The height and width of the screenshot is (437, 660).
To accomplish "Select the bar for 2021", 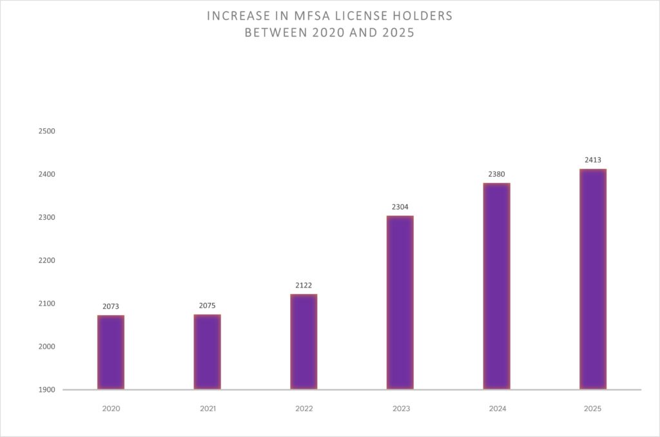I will pyautogui.click(x=207, y=352).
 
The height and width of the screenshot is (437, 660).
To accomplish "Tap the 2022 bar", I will pyautogui.click(x=304, y=342).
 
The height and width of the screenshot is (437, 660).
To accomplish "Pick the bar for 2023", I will pyautogui.click(x=400, y=303).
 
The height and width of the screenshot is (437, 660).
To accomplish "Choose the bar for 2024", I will pyautogui.click(x=496, y=286).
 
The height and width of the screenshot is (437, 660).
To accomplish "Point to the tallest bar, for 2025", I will pyautogui.click(x=592, y=279).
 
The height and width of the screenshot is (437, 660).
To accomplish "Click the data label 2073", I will pyautogui.click(x=111, y=306).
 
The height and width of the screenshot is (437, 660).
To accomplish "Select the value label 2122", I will pyautogui.click(x=304, y=285).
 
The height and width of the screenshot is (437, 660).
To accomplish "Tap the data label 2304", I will pyautogui.click(x=400, y=207).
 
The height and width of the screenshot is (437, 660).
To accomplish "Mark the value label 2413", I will pyautogui.click(x=592, y=160).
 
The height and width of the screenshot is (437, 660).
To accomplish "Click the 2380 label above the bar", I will pyautogui.click(x=496, y=174).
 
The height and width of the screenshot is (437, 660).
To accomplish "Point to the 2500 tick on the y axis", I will pyautogui.click(x=48, y=131).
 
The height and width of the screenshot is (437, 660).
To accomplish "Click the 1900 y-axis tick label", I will pyautogui.click(x=48, y=390).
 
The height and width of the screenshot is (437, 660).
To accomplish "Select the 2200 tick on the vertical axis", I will pyautogui.click(x=48, y=260).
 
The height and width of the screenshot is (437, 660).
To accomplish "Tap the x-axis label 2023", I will pyautogui.click(x=400, y=409).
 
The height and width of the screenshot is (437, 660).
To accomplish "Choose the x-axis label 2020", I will pyautogui.click(x=111, y=409).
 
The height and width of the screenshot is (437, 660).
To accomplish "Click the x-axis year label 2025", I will pyautogui.click(x=592, y=409).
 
